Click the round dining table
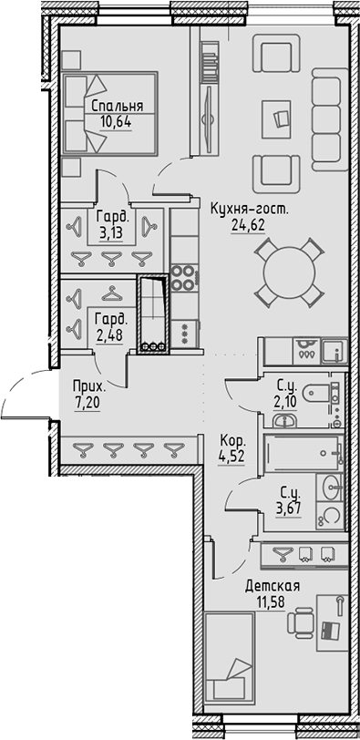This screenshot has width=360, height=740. tap(288, 271)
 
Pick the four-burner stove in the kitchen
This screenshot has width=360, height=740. tap(183, 274)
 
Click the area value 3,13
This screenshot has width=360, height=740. tap(111, 232)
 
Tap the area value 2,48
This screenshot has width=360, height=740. tap(111, 334)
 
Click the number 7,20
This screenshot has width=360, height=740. tap(88, 400)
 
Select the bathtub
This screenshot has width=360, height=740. tap(302, 450)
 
